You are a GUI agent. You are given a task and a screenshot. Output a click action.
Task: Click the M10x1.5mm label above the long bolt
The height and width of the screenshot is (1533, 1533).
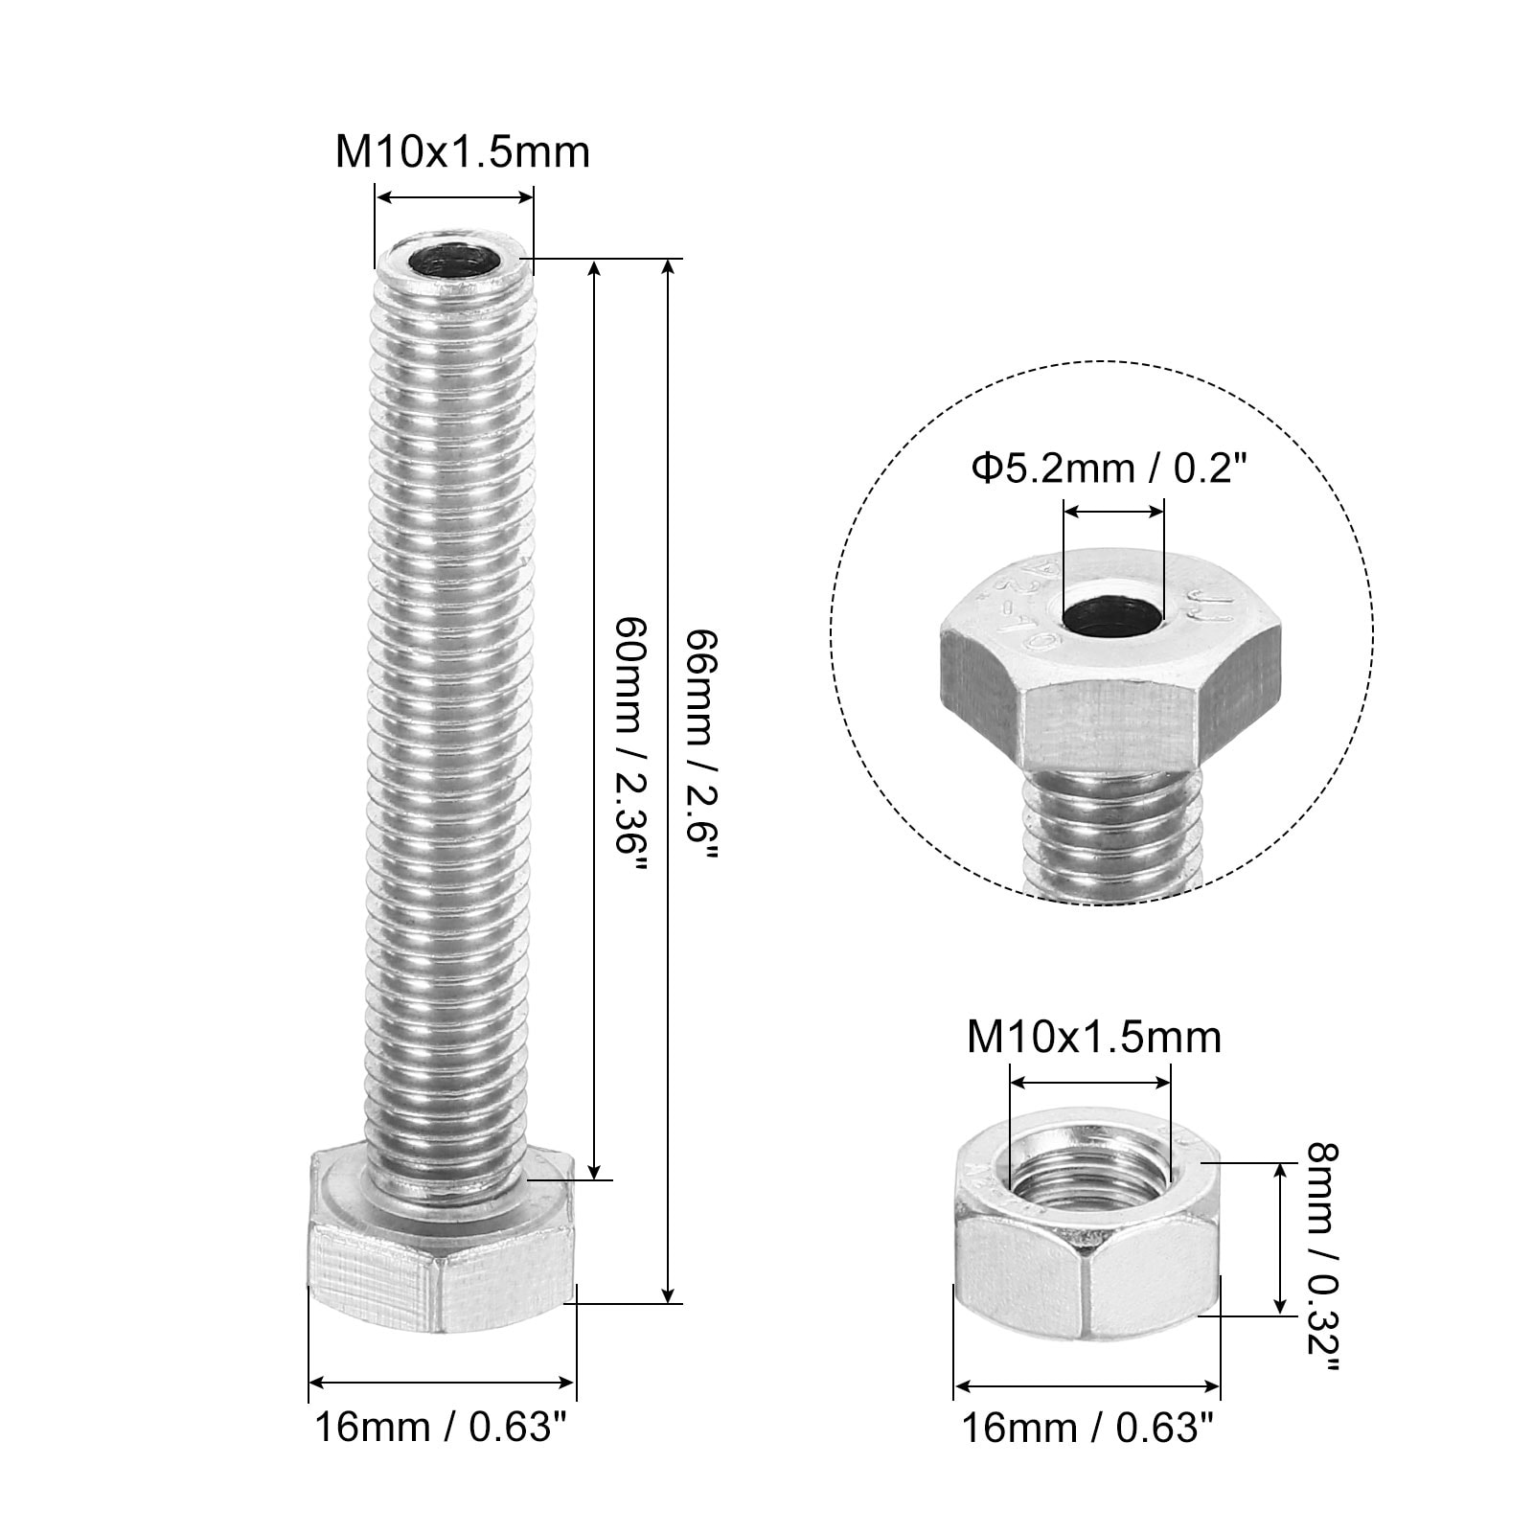point(462,152)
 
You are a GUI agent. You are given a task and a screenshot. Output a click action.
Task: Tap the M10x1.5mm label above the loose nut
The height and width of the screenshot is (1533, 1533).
point(1094,1038)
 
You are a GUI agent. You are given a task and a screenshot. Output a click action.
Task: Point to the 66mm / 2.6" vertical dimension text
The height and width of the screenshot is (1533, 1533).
point(702,744)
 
